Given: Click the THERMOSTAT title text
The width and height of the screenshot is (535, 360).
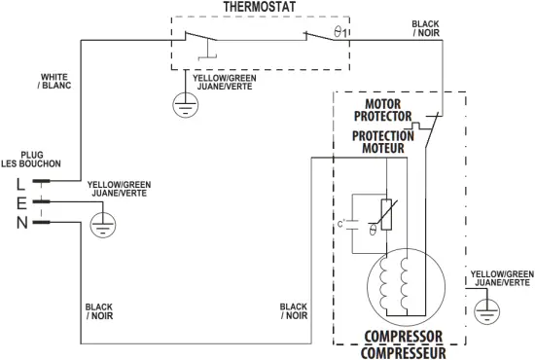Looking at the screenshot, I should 259,7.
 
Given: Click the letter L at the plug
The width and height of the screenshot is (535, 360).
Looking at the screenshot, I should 19,181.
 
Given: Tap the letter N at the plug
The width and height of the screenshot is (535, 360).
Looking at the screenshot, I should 19,222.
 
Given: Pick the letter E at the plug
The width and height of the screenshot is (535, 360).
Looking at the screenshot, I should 19,201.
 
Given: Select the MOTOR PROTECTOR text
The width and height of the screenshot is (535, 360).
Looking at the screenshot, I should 389,110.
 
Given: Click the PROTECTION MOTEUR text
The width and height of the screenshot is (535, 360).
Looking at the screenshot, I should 382,142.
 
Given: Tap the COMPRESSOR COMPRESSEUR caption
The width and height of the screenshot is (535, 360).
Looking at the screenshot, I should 403,344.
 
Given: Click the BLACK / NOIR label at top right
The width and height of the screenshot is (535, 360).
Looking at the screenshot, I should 426,28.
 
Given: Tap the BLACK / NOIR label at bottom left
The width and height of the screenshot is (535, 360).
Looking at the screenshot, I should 99,311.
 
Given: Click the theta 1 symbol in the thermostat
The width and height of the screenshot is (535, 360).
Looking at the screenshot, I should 338,33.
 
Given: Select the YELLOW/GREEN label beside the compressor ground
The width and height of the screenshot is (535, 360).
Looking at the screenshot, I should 502,278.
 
